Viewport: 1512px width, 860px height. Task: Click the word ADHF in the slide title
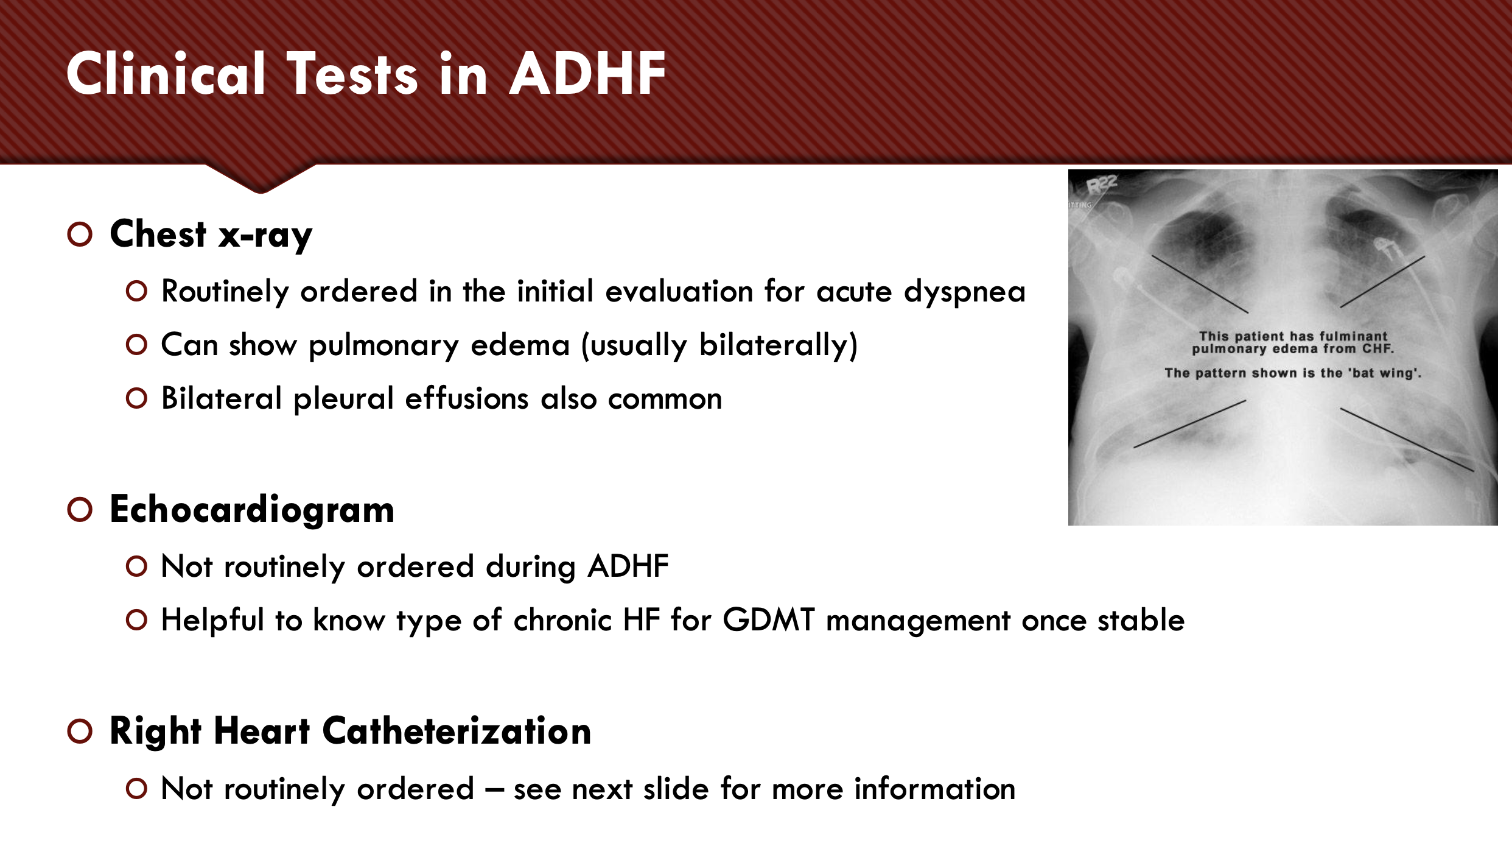pyautogui.click(x=587, y=74)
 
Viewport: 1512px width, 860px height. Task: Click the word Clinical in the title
pyautogui.click(x=166, y=74)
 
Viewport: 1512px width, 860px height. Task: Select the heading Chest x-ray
pyautogui.click(x=211, y=234)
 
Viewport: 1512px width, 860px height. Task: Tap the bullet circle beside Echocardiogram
pyautogui.click(x=80, y=509)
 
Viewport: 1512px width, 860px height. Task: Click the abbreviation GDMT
pyautogui.click(x=768, y=621)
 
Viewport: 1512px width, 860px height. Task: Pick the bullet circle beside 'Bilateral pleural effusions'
pyautogui.click(x=136, y=399)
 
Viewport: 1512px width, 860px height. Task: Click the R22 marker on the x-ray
pyautogui.click(x=1102, y=183)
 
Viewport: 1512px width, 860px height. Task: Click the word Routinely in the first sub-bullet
pyautogui.click(x=225, y=292)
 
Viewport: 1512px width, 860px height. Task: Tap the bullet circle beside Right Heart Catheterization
pyautogui.click(x=80, y=731)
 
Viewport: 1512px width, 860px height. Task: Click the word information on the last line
pyautogui.click(x=934, y=789)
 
